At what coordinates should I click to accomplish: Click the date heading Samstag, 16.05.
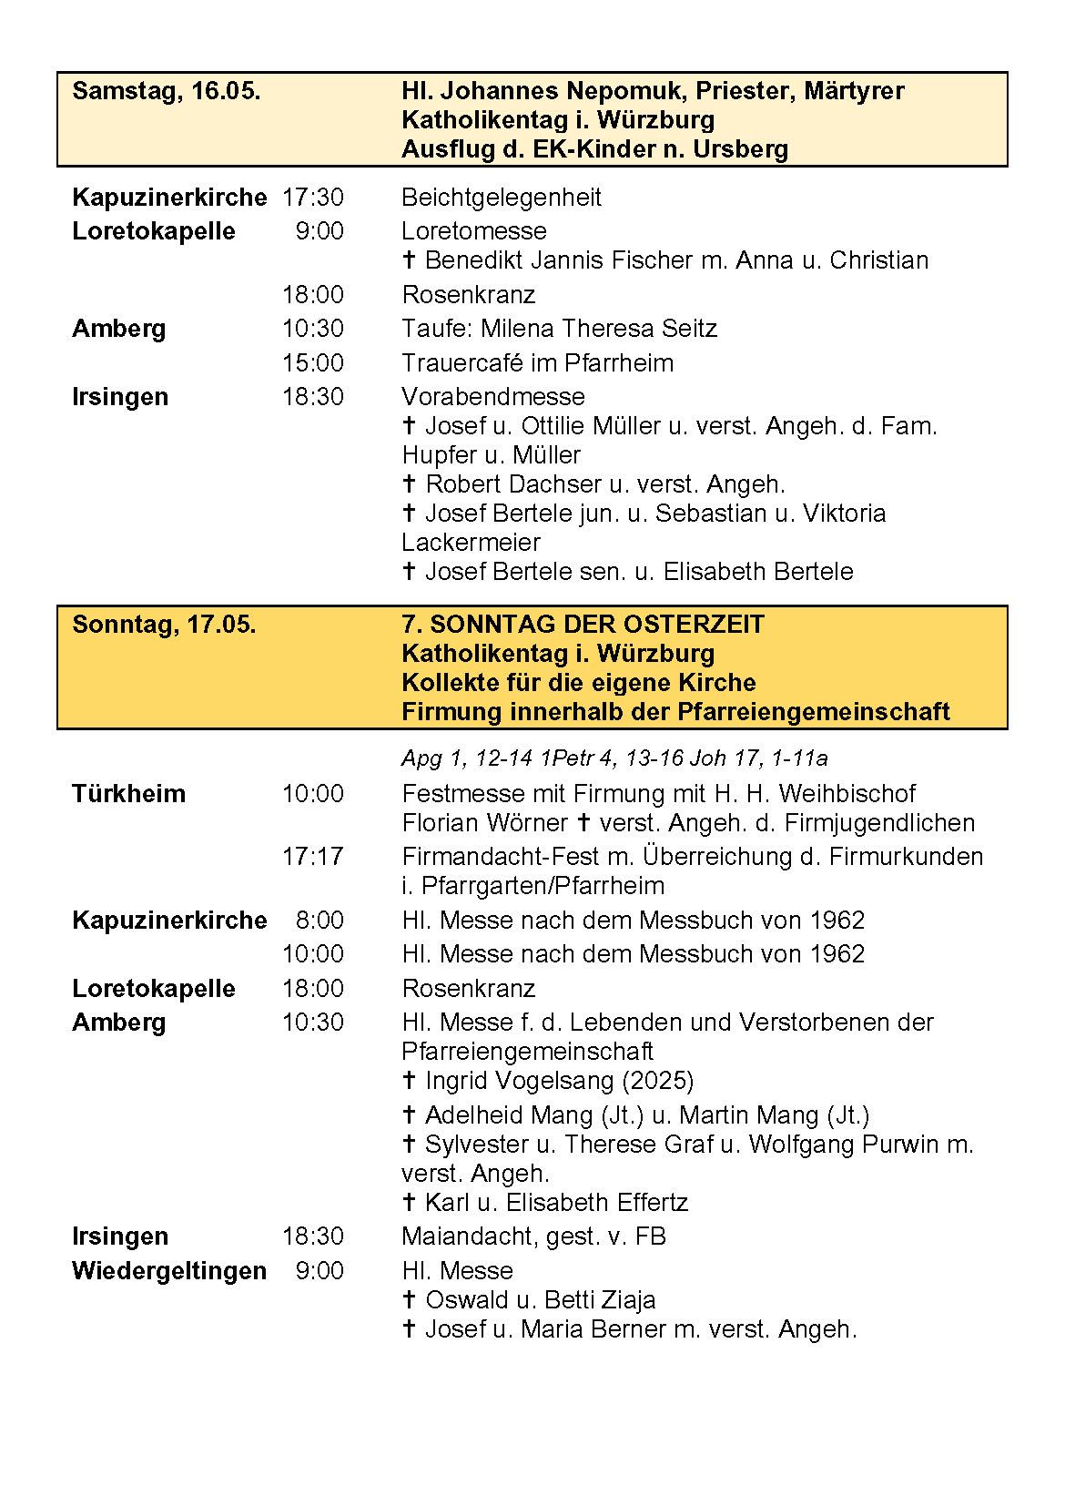(x=167, y=91)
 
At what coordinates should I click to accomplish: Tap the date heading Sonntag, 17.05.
(x=164, y=625)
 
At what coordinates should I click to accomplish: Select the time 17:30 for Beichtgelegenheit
(x=312, y=198)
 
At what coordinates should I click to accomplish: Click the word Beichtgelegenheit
(x=502, y=198)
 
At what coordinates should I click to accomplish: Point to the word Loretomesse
(x=474, y=231)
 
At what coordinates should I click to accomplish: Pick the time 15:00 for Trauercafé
(x=312, y=363)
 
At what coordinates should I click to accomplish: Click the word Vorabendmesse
(x=493, y=397)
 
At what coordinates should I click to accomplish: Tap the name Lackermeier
(x=471, y=543)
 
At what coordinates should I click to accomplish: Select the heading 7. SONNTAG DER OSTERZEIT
(x=583, y=625)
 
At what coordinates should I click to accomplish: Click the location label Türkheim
(x=128, y=794)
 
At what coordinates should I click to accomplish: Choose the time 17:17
(x=312, y=857)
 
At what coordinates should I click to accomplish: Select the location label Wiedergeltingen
(x=169, y=1271)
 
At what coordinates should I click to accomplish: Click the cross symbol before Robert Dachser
(x=410, y=484)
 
